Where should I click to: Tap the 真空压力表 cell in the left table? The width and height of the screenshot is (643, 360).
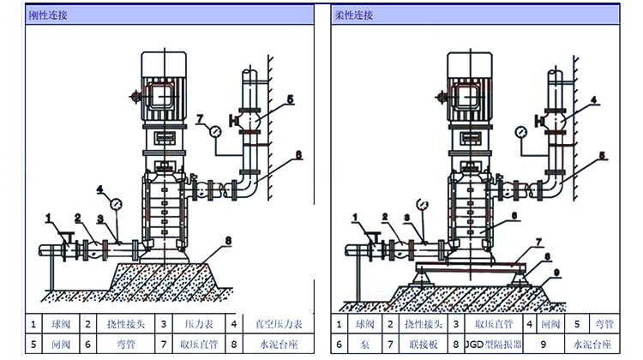279,326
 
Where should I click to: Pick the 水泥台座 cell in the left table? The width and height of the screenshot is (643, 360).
279,345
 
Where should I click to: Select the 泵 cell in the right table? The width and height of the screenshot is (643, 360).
364,345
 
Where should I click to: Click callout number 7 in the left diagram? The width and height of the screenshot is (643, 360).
198,116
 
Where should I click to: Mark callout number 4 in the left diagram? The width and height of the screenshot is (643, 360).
99,189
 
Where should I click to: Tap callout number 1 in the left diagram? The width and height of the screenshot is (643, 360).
49,217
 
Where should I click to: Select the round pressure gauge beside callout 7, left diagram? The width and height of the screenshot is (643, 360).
215,131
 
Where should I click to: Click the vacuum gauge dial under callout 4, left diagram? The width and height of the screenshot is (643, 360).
116,204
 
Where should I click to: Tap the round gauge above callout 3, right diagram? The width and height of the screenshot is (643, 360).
421,204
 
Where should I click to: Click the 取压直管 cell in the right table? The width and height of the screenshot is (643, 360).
492,326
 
